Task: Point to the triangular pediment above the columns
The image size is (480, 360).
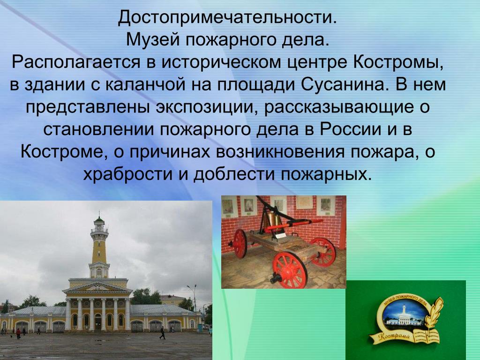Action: [97, 287]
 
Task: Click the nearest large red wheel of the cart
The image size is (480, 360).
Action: [289, 269]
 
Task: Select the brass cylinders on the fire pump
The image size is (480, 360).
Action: [274, 221]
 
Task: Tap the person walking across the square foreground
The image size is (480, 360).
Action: [162, 333]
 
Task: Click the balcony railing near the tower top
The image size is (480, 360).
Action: [99, 230]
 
